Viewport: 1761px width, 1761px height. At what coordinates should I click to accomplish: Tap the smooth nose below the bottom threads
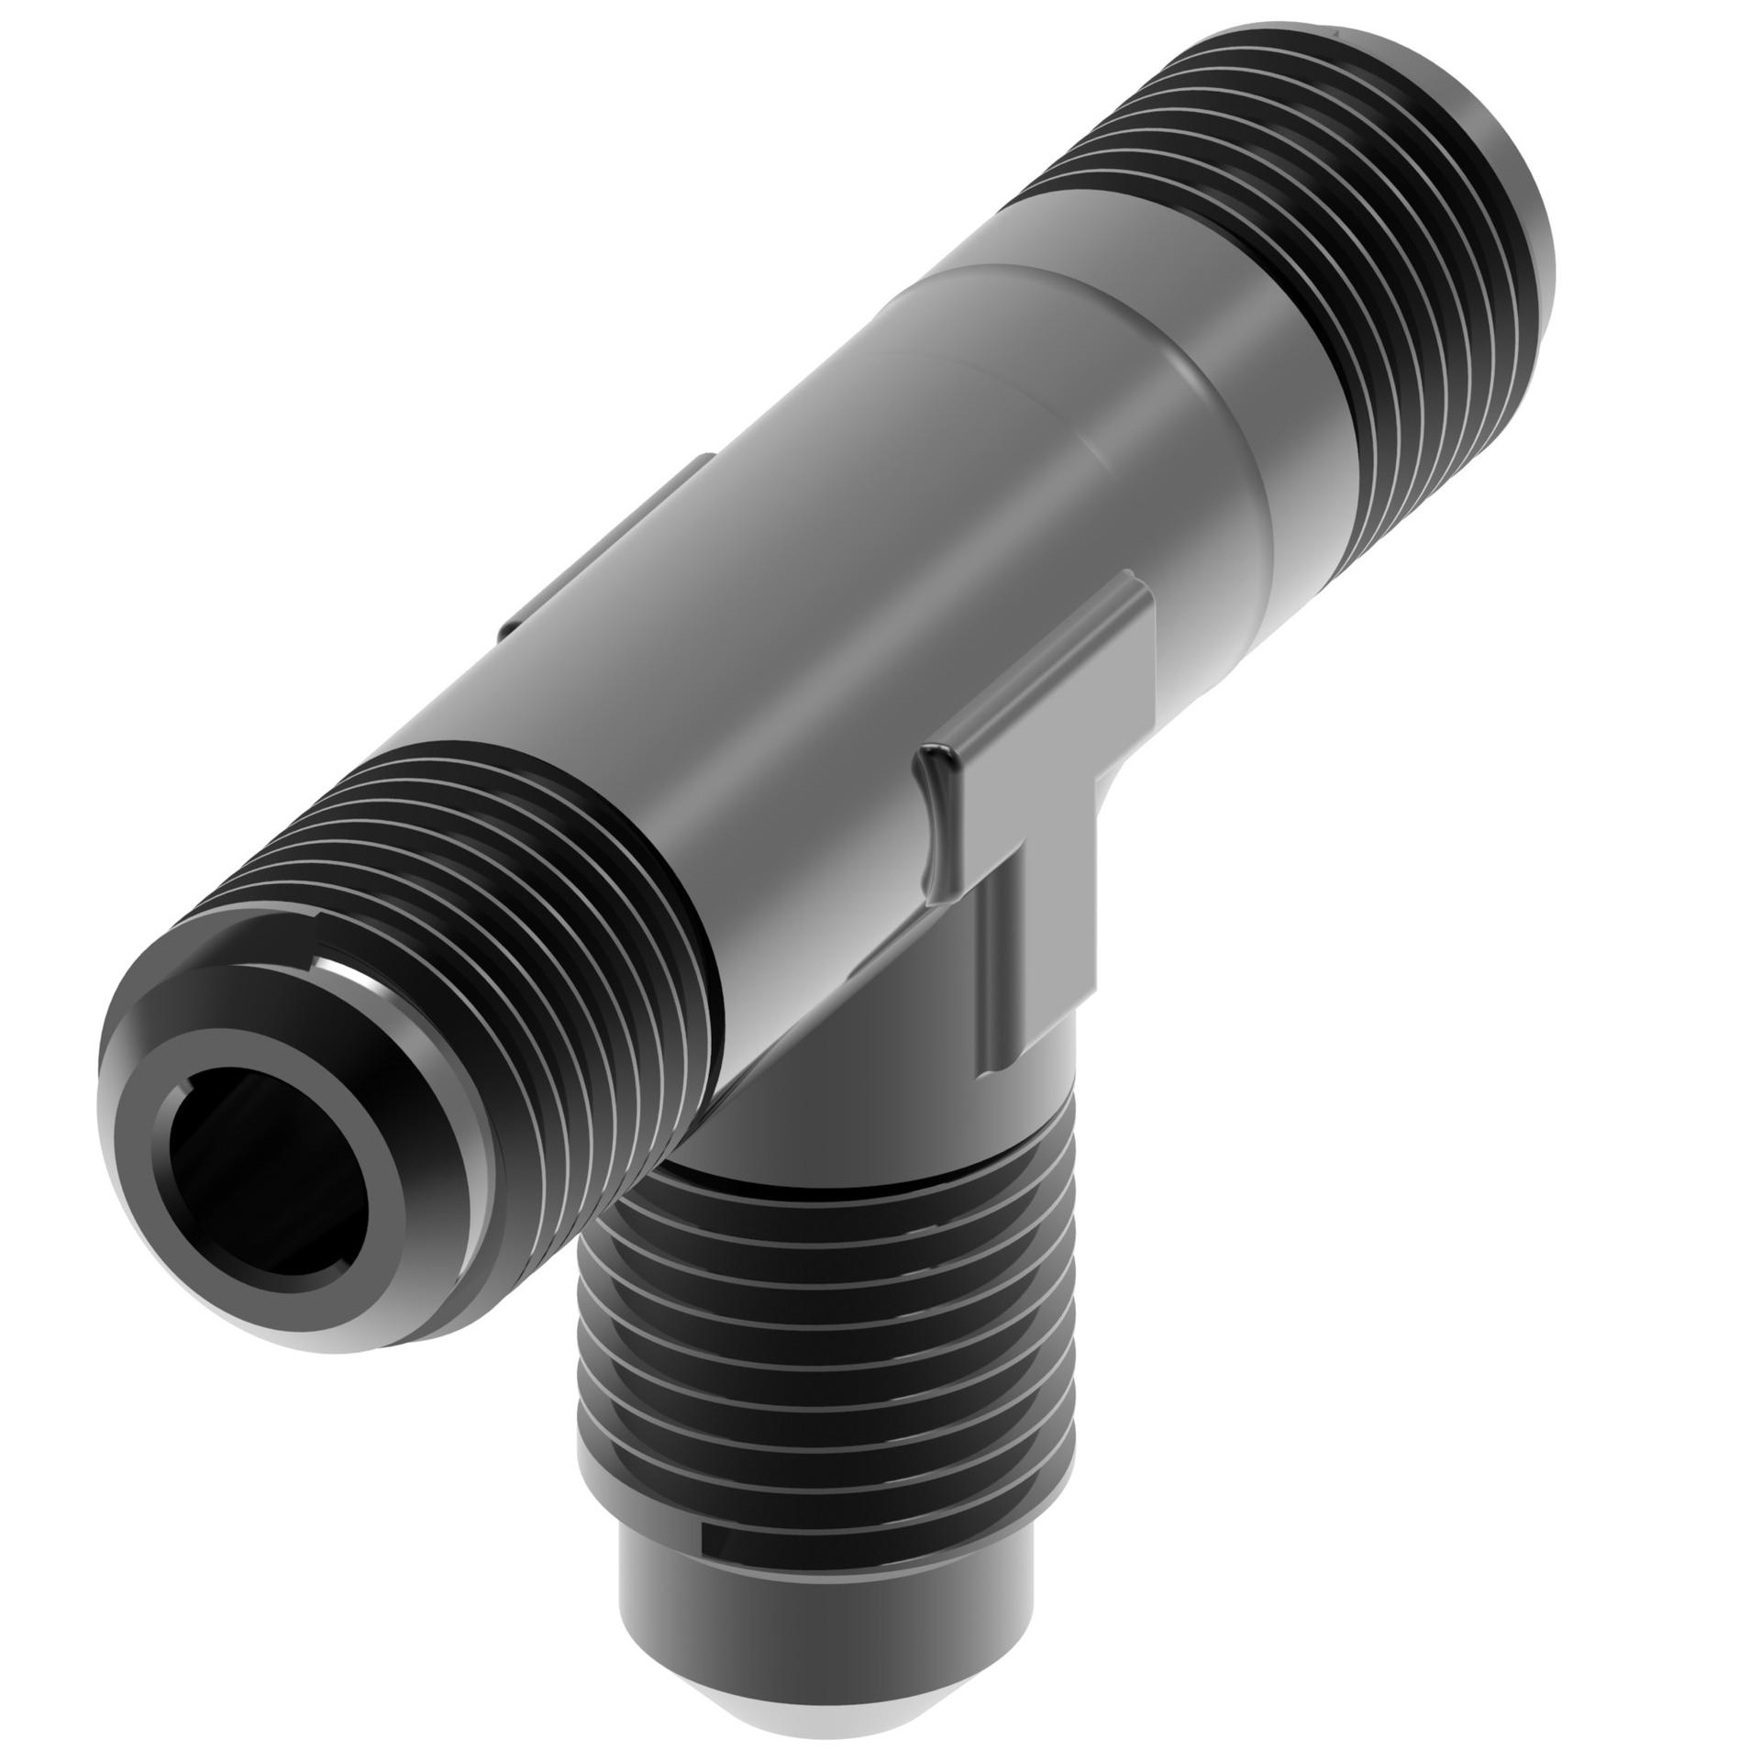pyautogui.click(x=825, y=1642)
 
